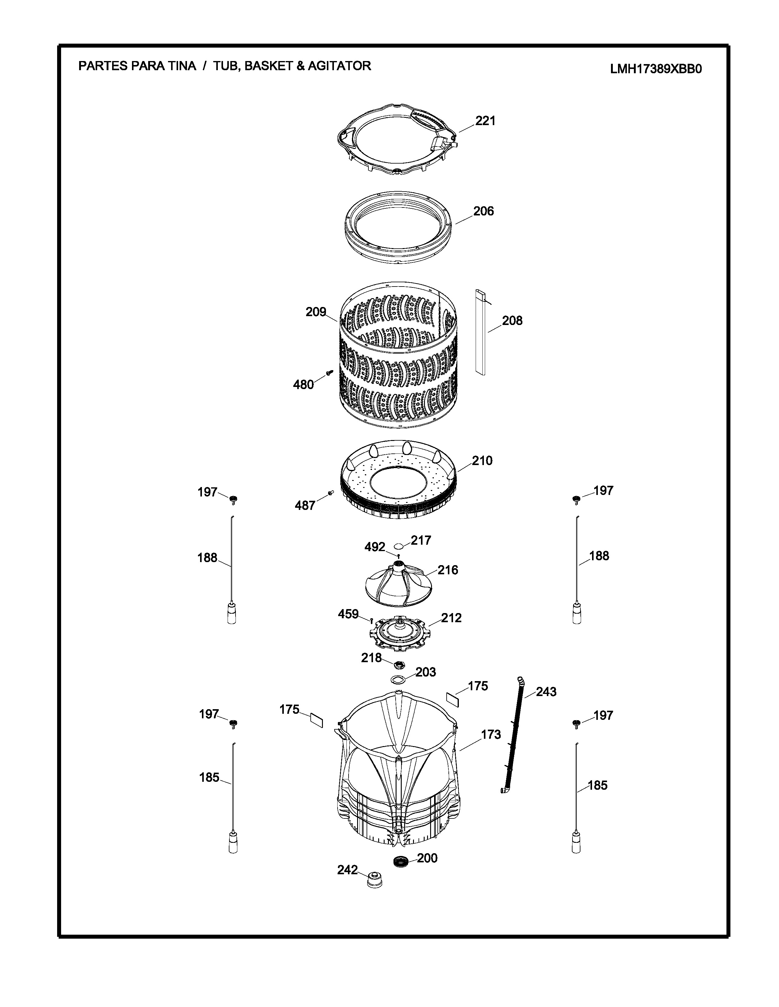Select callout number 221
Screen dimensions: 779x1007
tap(485, 121)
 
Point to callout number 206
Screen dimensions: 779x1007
tap(484, 211)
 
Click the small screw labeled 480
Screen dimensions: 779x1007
tap(330, 372)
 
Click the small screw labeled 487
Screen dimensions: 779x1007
tap(331, 493)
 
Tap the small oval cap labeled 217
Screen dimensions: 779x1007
tap(399, 546)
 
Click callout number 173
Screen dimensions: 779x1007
tap(491, 734)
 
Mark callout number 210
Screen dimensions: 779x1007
tap(482, 460)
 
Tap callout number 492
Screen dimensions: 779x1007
tap(375, 547)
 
